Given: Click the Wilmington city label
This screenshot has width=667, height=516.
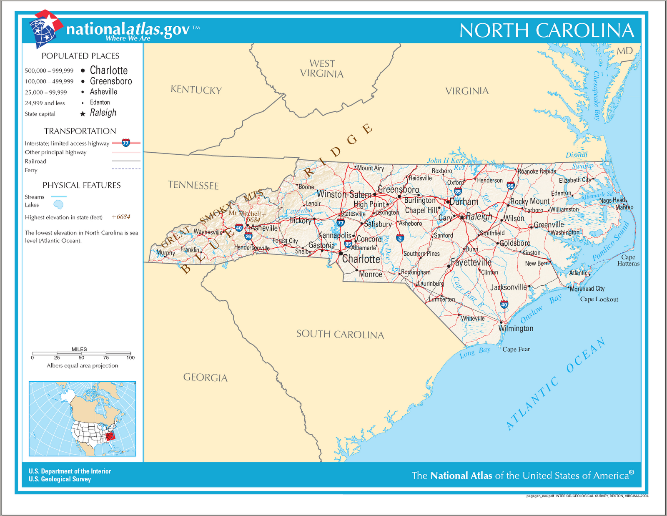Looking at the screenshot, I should pos(516,329).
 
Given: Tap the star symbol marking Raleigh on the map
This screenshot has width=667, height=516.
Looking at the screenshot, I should pos(462,217).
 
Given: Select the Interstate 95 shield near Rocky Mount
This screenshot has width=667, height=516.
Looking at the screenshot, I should pos(511,186).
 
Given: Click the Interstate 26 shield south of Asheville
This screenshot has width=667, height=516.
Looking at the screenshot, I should pos(248,236).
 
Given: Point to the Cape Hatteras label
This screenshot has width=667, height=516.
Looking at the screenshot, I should pos(628,260).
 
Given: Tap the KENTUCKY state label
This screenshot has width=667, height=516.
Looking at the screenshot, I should pos(196,90).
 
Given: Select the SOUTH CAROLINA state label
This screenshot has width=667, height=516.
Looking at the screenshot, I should pos(340,334).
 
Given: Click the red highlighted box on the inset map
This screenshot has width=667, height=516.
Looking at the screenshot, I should pos(110,436).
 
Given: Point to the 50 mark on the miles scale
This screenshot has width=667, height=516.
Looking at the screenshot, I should pos(81,357).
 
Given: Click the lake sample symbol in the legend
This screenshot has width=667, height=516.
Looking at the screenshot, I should pos(58,204).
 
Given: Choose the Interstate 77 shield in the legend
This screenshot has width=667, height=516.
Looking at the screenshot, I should pos(126,143).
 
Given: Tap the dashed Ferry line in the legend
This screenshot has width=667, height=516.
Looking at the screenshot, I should pos(126,169).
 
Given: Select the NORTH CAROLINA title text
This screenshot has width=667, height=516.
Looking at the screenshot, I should pos(547,30).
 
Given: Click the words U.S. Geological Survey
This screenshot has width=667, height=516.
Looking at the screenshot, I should pos(60,479).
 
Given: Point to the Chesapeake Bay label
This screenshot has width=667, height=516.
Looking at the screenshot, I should pos(596,96).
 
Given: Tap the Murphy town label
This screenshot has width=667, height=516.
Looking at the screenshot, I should pos(165,253).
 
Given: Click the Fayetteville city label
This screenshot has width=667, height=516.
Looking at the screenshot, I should pos(471,263).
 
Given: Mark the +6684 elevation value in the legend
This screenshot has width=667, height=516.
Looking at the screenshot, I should pos(121,217).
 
